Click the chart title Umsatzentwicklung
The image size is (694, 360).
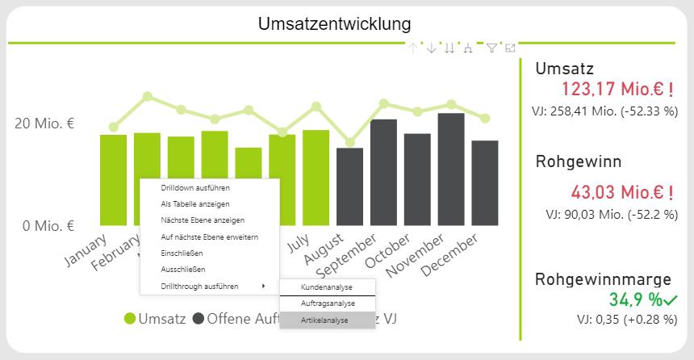(333, 24)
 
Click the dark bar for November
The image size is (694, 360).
(450, 169)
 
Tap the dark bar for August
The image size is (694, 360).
(349, 186)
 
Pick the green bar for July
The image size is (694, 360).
(316, 177)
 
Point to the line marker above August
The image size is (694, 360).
(349, 142)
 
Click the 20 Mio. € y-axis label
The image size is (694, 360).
(44, 123)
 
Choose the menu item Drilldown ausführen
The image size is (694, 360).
(185, 188)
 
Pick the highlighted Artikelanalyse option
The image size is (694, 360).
(324, 320)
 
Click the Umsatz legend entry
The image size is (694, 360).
(153, 319)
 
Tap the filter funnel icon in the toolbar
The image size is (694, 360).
(491, 48)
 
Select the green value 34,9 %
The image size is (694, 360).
(636, 300)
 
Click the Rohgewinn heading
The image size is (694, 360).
(579, 161)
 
